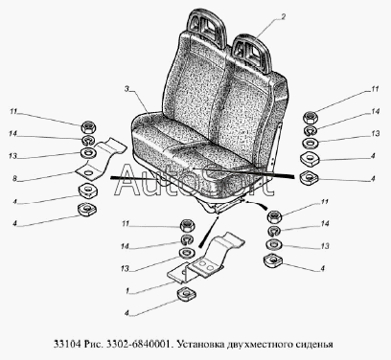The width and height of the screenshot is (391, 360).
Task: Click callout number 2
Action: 283,16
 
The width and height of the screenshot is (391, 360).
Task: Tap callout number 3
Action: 126,89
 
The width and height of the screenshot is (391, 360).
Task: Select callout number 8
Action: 14,178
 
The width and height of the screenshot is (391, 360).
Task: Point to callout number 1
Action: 127,291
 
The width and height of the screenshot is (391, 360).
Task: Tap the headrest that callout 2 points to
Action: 251,53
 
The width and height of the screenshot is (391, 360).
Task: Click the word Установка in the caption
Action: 199,344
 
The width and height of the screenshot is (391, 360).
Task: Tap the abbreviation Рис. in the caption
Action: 94,344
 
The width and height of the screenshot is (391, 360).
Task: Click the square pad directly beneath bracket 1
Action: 187,294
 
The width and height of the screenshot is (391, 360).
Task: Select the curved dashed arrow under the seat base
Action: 256,204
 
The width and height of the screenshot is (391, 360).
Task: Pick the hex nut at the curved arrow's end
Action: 275,216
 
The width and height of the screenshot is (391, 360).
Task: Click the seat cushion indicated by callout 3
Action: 192,160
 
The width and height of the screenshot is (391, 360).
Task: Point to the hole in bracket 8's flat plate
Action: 89,172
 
